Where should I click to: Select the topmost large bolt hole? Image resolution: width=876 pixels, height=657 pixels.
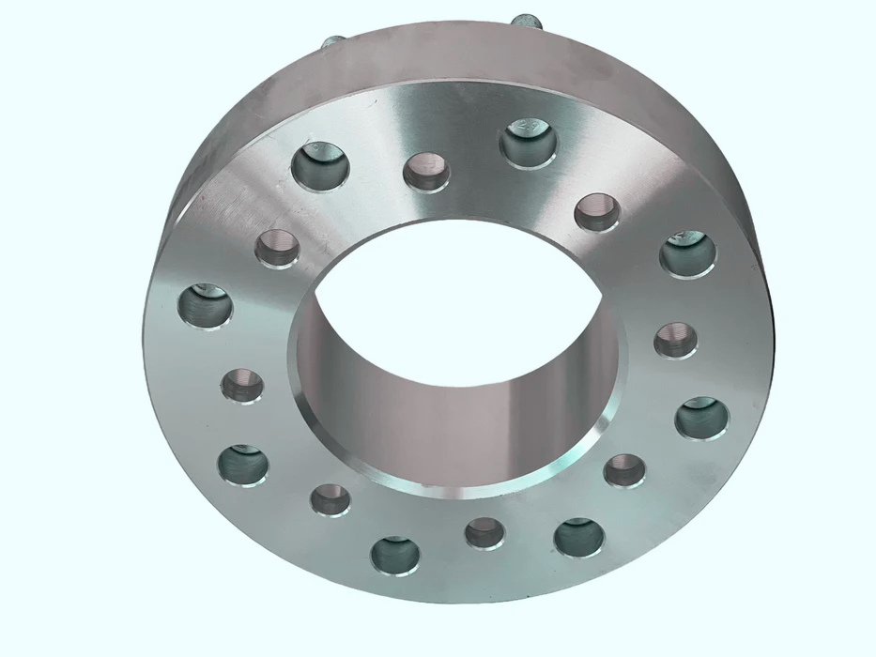pyautogui.click(x=529, y=141)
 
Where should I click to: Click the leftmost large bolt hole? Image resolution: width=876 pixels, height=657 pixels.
pyautogui.click(x=207, y=306)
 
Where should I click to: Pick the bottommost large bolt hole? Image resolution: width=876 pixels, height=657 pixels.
pyautogui.click(x=396, y=554)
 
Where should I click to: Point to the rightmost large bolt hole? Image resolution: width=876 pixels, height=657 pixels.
pyautogui.click(x=701, y=418)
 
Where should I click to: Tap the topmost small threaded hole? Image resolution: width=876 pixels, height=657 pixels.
pyautogui.click(x=426, y=172)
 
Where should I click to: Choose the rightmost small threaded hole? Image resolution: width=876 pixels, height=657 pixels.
pyautogui.click(x=675, y=339)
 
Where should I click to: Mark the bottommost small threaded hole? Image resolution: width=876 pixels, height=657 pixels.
pyautogui.click(x=484, y=533)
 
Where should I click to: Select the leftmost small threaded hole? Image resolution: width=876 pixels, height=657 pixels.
pyautogui.click(x=244, y=385)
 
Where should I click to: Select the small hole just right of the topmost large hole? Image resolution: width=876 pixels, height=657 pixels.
pyautogui.click(x=597, y=212)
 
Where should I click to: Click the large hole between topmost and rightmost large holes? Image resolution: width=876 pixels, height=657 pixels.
pyautogui.click(x=688, y=253)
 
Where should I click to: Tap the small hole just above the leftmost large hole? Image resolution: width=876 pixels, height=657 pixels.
pyautogui.click(x=278, y=249)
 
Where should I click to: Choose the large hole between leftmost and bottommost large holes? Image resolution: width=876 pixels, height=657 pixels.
pyautogui.click(x=243, y=465)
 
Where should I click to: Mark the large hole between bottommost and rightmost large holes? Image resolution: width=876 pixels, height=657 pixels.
pyautogui.click(x=578, y=537)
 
